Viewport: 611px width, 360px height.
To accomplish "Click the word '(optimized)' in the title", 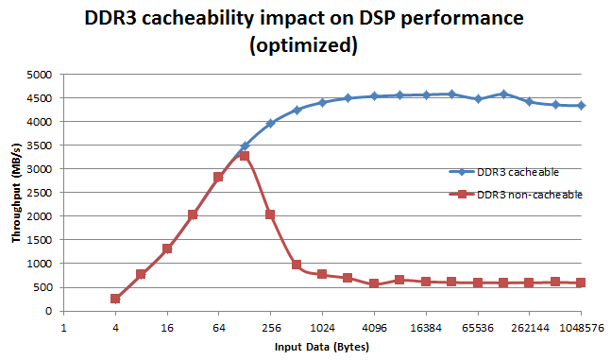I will click(x=305, y=44).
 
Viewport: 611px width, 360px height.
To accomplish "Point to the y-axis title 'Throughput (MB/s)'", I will click(x=16, y=194).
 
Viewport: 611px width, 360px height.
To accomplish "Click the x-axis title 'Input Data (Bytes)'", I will click(x=321, y=347).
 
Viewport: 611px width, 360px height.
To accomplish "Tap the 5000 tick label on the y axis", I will click(x=40, y=75).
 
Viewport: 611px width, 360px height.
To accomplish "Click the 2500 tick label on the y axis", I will click(x=40, y=193).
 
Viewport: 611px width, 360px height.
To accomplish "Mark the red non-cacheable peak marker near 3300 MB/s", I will click(x=245, y=155).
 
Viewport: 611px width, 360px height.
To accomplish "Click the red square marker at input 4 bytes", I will click(x=115, y=299).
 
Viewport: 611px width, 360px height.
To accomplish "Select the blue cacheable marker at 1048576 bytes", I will click(x=581, y=106).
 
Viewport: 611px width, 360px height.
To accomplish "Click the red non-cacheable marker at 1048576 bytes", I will click(x=581, y=283).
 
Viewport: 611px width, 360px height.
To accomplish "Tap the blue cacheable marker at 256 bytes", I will click(x=270, y=124).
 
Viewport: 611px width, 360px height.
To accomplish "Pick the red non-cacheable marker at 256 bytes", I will click(x=270, y=214).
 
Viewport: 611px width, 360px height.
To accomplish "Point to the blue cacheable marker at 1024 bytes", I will click(x=322, y=103).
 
